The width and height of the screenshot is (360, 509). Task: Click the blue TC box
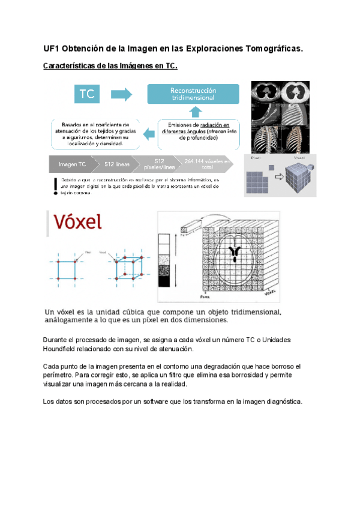(88, 94)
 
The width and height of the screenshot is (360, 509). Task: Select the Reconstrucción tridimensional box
(193, 94)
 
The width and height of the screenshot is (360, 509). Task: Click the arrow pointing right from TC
(121, 94)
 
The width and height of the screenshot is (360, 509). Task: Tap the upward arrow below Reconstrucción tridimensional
(194, 112)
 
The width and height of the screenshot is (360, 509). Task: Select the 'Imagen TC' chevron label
(71, 164)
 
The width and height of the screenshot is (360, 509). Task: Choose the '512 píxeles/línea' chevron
(159, 164)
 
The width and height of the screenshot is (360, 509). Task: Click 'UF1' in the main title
(52, 49)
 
